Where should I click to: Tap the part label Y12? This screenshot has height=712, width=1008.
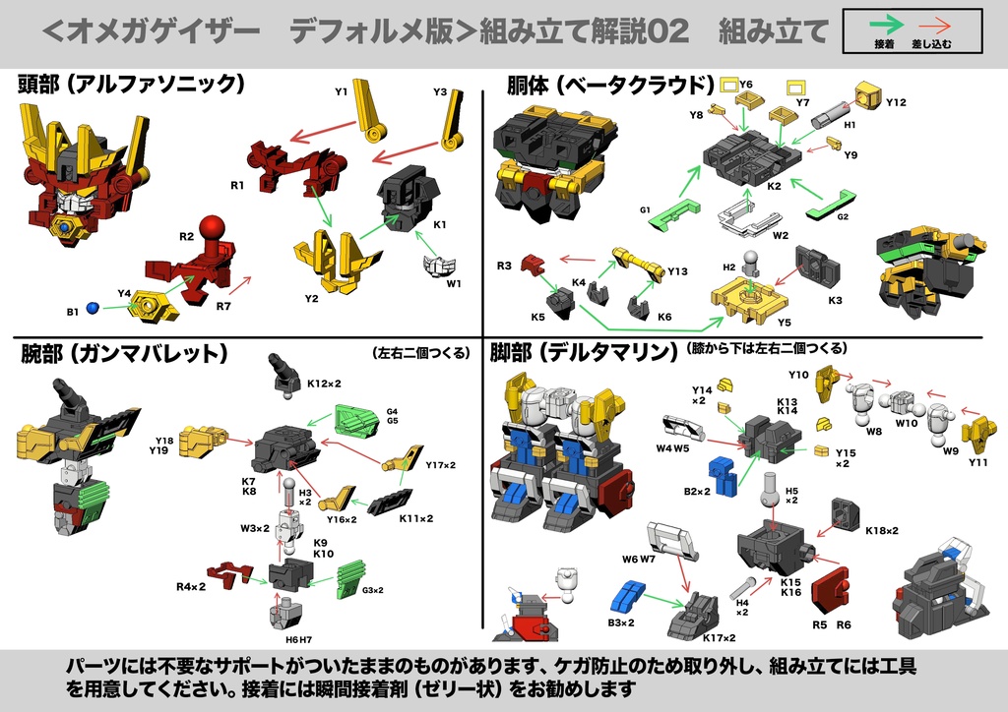896,102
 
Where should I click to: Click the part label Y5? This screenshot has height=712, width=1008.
784,322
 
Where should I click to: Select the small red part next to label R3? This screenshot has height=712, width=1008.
532,264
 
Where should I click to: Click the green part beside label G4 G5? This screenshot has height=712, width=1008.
355,421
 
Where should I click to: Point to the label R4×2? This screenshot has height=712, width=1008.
191,587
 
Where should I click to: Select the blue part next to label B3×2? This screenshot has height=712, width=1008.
627,597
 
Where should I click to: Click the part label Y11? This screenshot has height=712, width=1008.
977,462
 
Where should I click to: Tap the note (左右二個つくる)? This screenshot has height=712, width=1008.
422,352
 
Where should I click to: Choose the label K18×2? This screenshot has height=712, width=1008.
882,531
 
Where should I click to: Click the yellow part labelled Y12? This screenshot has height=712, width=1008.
866,96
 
